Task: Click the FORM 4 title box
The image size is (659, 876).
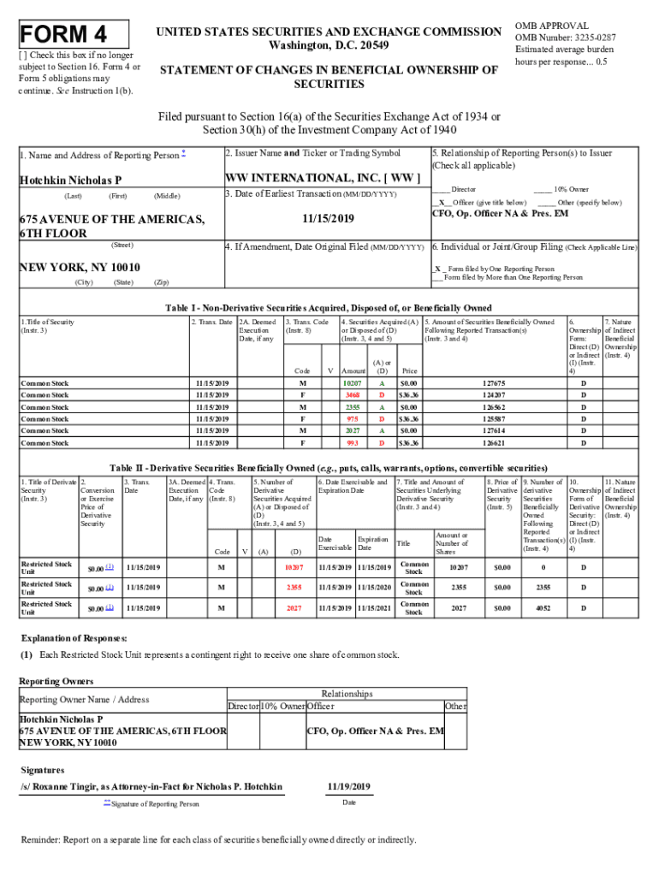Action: (x=73, y=35)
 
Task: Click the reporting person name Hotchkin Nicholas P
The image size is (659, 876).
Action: (x=70, y=181)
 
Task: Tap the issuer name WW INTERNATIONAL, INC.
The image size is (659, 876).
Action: (x=322, y=178)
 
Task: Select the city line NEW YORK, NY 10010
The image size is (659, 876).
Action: (x=80, y=267)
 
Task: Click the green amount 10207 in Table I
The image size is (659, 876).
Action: (x=353, y=383)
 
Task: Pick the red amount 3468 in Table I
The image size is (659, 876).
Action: (x=353, y=395)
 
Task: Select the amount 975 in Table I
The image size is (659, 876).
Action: (x=353, y=419)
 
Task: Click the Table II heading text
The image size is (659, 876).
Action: (x=329, y=468)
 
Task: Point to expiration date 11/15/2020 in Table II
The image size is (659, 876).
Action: (x=374, y=588)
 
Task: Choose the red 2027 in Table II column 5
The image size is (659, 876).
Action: (x=293, y=608)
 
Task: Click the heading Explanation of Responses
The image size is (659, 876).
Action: (x=74, y=638)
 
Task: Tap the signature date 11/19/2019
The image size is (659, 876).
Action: (x=348, y=786)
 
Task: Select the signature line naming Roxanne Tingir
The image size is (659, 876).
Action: (x=151, y=786)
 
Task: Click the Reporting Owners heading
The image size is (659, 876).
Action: (x=50, y=681)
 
